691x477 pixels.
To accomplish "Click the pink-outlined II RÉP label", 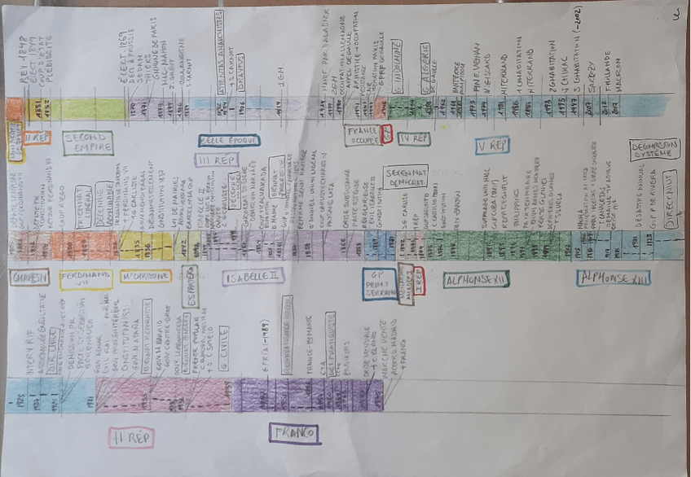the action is (x=130, y=437).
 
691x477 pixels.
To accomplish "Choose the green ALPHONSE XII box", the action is (x=476, y=280).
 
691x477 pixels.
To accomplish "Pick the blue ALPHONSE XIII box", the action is (x=613, y=278).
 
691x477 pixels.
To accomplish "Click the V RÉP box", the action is (x=492, y=146).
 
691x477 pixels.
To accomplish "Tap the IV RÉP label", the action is (x=416, y=139).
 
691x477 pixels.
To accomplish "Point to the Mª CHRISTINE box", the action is (x=146, y=277).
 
